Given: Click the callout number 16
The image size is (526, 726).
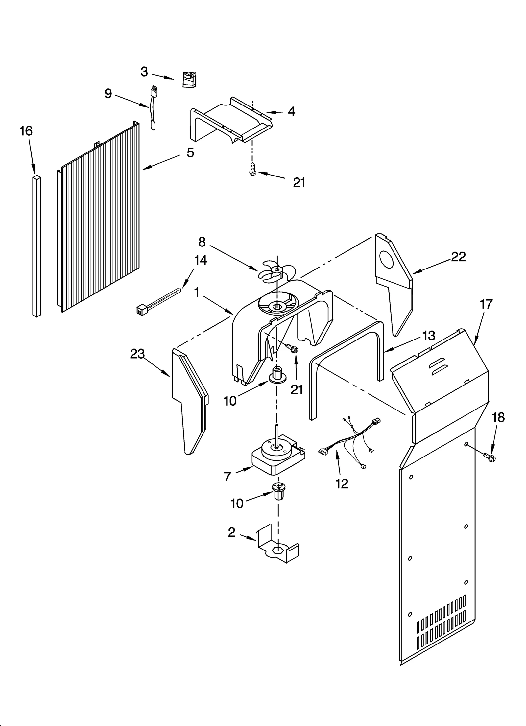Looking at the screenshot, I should click(x=26, y=131).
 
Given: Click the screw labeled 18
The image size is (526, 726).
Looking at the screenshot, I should click(x=490, y=456).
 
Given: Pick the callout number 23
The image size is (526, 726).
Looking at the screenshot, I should click(x=137, y=354).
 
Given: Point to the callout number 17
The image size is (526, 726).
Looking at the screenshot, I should click(x=486, y=304).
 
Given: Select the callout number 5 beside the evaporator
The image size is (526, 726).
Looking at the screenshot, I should click(x=190, y=152).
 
